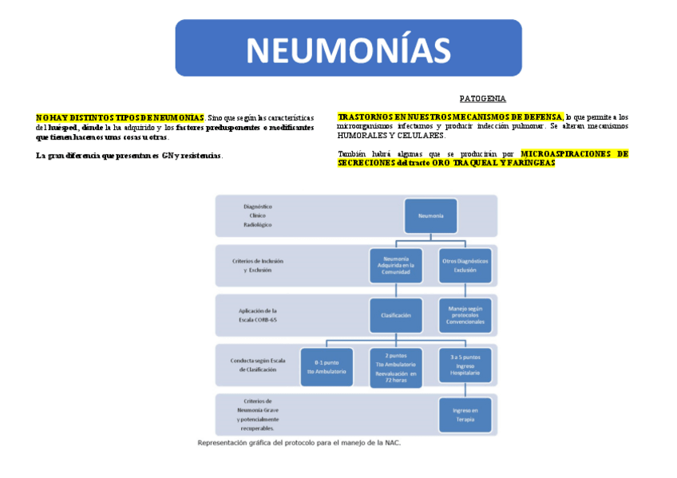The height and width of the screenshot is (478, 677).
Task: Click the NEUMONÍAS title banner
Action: click(x=348, y=49)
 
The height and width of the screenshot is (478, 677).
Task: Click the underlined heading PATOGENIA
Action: click(x=482, y=99)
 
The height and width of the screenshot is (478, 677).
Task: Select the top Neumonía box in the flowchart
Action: click(x=430, y=216)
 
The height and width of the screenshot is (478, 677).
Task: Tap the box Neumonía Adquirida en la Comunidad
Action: click(x=396, y=265)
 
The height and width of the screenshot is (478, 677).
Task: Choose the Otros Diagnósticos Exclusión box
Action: click(x=465, y=265)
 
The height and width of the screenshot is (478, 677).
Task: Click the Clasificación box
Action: click(x=396, y=315)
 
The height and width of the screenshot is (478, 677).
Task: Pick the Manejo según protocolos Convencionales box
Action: click(x=465, y=315)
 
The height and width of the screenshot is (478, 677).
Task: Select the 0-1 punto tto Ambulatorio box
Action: click(x=326, y=367)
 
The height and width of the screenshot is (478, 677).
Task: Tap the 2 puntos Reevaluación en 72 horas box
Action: click(x=396, y=367)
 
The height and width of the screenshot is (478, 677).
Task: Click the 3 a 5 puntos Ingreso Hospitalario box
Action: click(x=465, y=367)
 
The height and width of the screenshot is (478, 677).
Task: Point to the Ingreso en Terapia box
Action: click(x=465, y=413)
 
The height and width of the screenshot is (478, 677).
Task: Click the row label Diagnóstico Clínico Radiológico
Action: click(x=258, y=215)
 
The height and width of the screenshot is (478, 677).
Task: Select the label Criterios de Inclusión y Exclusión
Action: click(x=258, y=265)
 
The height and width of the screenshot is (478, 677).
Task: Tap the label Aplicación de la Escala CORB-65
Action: click(x=258, y=314)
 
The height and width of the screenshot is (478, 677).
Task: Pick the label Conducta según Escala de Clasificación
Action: click(x=258, y=365)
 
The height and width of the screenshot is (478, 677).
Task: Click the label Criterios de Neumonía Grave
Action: click(x=258, y=413)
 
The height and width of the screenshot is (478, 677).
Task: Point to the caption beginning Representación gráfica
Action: click(x=299, y=443)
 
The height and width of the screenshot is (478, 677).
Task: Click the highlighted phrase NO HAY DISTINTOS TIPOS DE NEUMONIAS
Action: click(x=120, y=117)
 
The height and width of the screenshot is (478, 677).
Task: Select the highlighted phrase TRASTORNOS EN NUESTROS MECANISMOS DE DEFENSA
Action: click(x=449, y=117)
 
